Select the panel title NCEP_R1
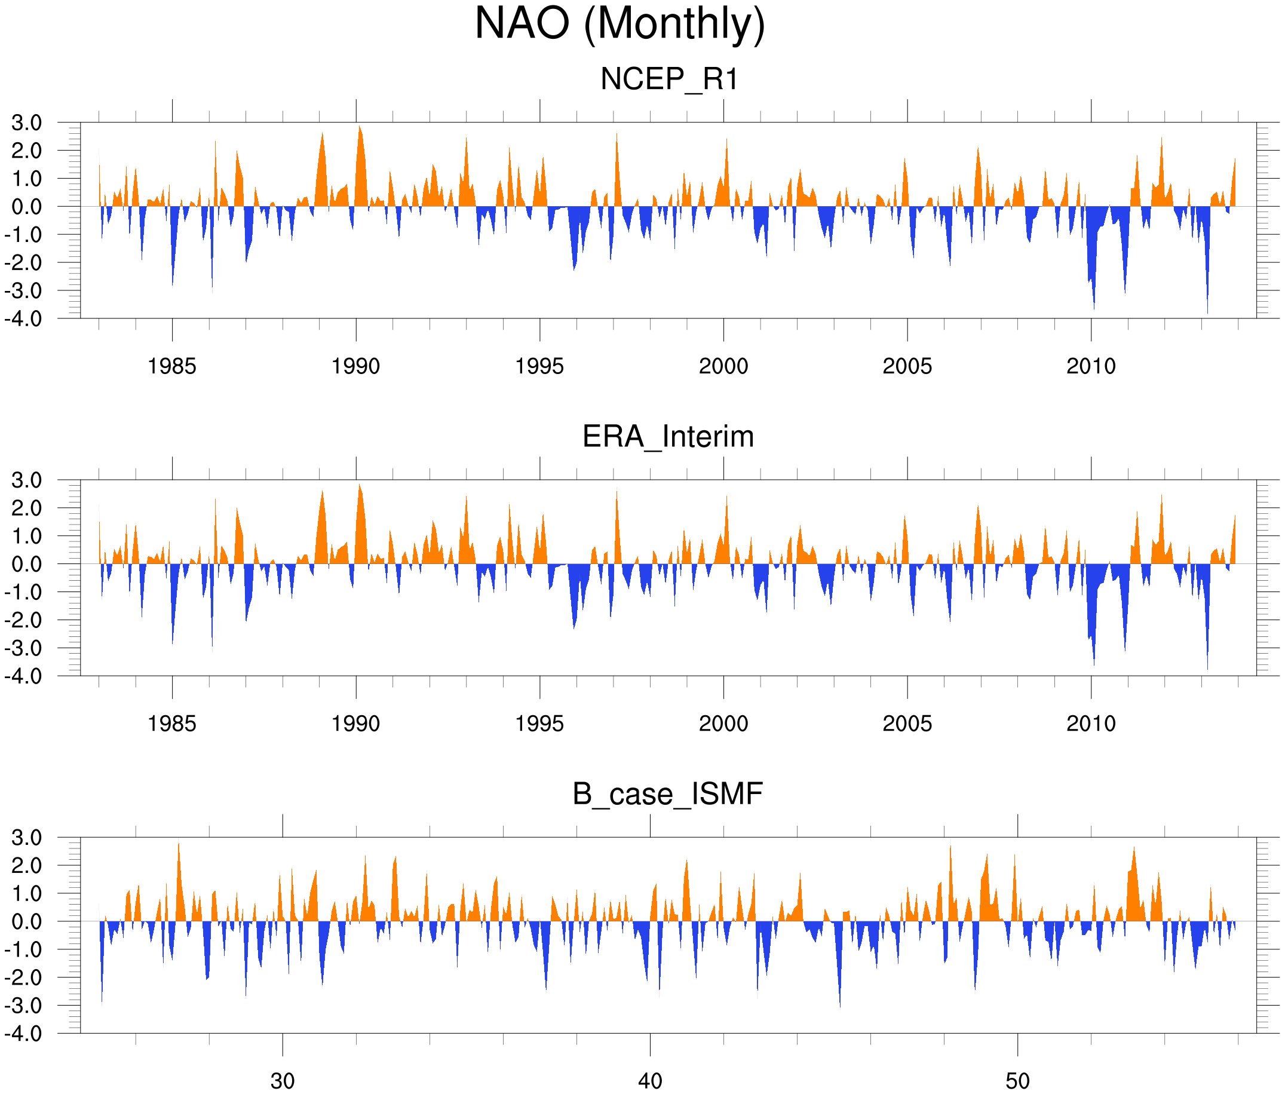coord(669,79)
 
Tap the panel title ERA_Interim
coord(668,437)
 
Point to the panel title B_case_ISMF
coord(667,794)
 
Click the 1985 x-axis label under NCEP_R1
coord(172,366)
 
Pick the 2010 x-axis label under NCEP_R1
coord(1091,366)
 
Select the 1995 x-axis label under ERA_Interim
coord(539,724)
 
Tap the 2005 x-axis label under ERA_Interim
coord(907,724)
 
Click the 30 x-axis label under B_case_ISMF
coord(282,1081)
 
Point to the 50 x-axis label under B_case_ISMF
coord(1017,1081)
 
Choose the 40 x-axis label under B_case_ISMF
coord(650,1081)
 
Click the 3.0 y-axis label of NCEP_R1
coord(27,123)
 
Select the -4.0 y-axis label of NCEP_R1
coord(23,319)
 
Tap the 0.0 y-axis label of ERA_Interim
coord(27,565)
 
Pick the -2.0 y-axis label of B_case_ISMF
coord(23,977)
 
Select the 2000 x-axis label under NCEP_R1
coord(723,366)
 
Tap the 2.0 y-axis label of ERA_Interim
coord(27,508)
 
